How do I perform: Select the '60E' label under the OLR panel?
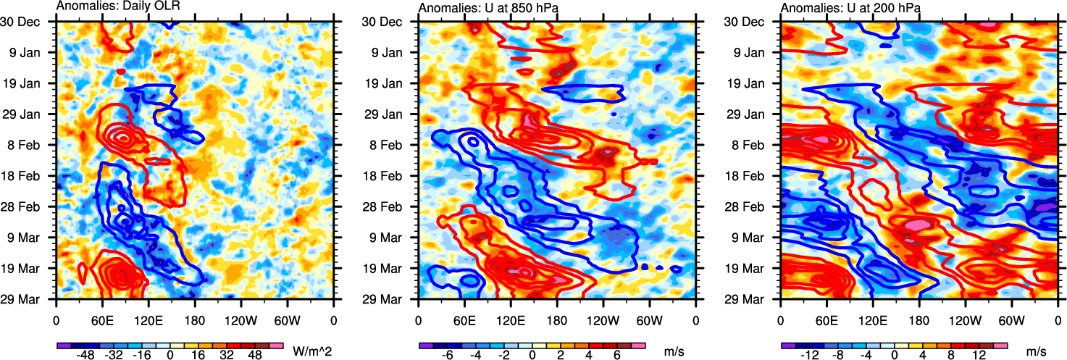[x=102, y=319]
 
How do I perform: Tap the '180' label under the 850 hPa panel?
[x=557, y=319]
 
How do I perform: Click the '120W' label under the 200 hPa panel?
[x=964, y=319]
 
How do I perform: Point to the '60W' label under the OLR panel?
[x=287, y=319]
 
